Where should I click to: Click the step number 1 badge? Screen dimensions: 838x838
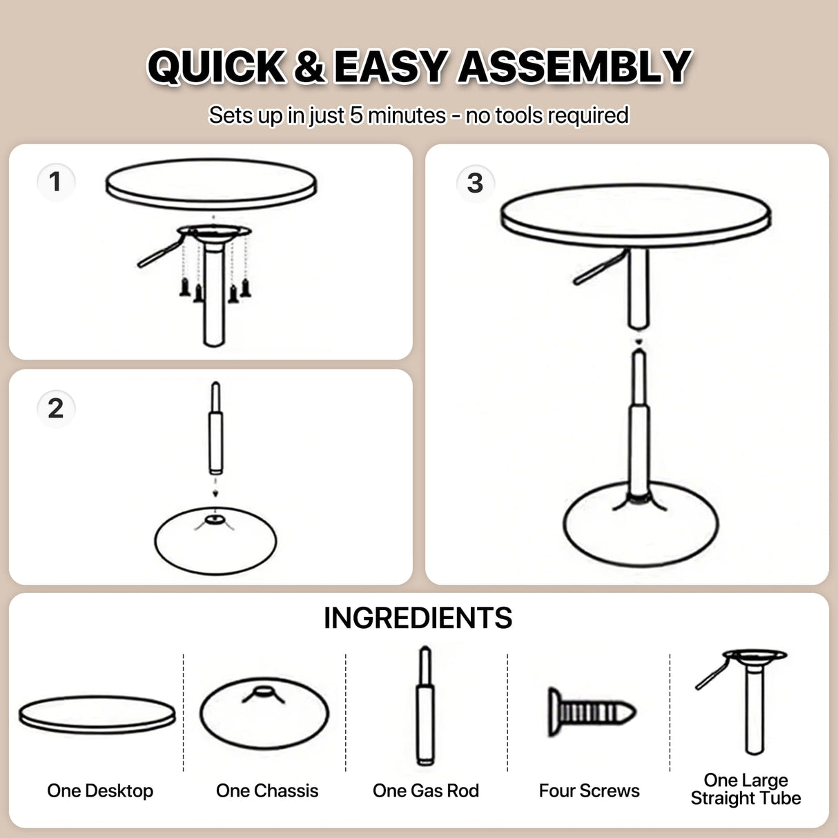(55, 182)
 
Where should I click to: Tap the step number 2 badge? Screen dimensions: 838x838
(55, 408)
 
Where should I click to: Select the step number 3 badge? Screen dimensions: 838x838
(475, 184)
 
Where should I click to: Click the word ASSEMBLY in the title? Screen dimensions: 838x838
(574, 67)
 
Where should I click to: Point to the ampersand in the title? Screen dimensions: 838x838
(309, 67)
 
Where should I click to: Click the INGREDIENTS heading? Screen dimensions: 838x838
(418, 618)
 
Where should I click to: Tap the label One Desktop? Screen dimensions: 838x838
(100, 790)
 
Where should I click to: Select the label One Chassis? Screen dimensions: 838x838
(267, 790)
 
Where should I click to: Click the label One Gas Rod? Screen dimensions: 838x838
(426, 790)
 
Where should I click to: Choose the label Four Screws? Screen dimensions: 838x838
(589, 790)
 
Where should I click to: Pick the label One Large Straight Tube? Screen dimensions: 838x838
(746, 789)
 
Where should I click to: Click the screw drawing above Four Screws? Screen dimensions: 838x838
(591, 711)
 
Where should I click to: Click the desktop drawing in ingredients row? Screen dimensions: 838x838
(97, 714)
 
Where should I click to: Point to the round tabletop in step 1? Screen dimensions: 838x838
(211, 184)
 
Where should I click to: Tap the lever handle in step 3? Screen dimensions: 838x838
(598, 269)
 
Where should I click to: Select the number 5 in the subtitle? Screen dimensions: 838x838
(356, 115)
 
